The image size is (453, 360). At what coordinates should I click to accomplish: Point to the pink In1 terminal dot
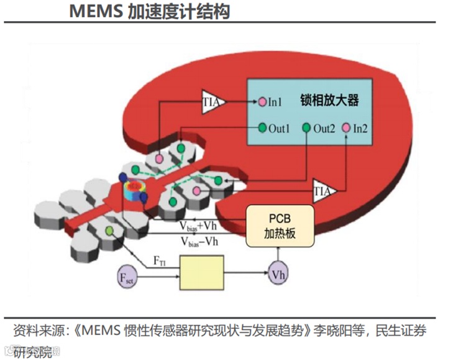coord(262,101)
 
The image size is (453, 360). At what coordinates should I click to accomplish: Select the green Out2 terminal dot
coord(306,128)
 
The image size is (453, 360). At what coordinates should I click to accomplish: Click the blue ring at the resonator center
coord(132,190)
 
